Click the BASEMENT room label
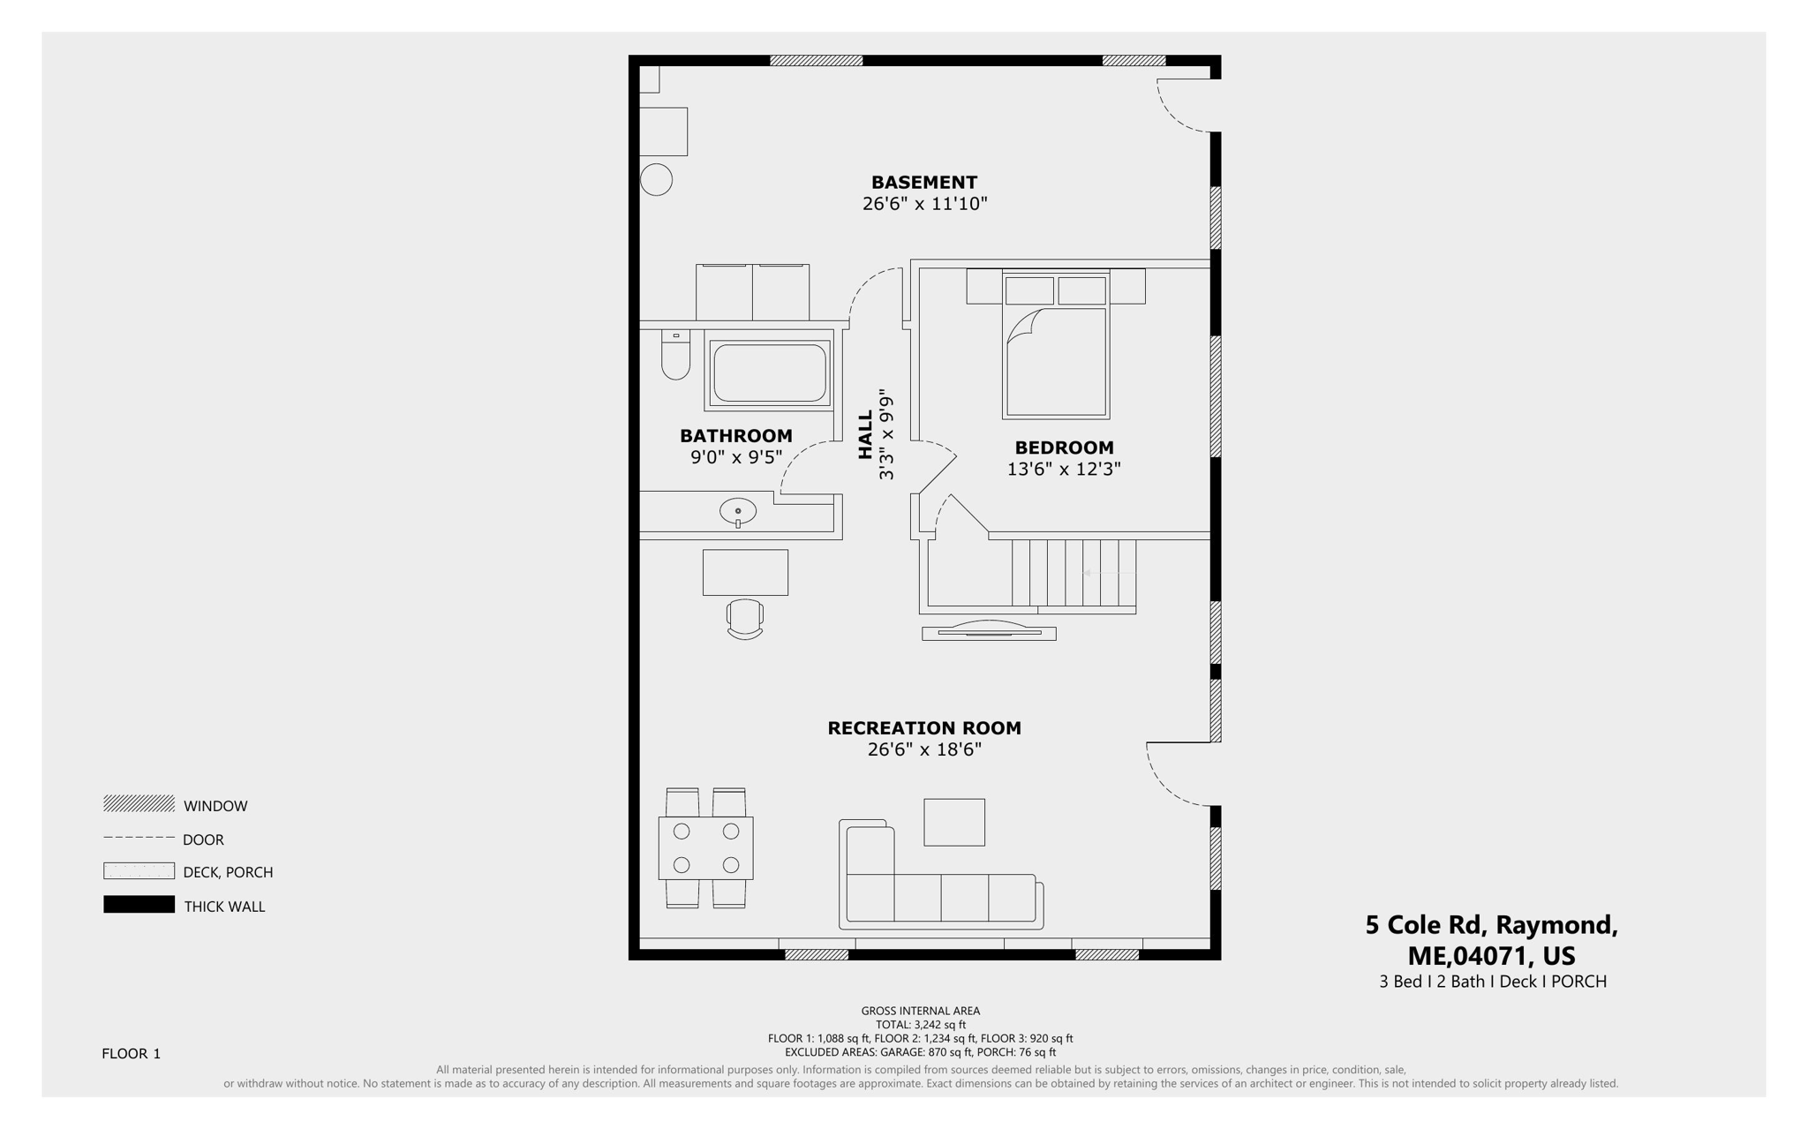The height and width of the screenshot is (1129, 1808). tap(923, 183)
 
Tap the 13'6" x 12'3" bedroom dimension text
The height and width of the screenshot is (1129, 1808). tap(1063, 470)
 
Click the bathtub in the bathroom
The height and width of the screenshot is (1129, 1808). tap(769, 373)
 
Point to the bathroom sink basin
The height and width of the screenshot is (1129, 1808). tap(737, 511)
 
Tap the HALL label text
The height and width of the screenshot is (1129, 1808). tap(865, 434)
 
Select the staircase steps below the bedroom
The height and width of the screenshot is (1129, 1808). tap(1073, 574)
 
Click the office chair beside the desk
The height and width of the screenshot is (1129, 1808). tap(744, 618)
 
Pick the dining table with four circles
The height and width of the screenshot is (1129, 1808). tap(705, 847)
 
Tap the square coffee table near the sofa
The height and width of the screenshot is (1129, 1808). tap(953, 822)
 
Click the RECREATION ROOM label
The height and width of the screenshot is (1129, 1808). tap(923, 728)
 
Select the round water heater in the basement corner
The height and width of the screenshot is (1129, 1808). tap(656, 180)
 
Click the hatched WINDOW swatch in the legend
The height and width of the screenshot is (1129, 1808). tap(139, 803)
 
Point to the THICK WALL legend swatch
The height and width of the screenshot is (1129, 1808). tap(139, 905)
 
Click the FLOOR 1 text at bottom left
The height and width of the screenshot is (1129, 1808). tap(131, 1053)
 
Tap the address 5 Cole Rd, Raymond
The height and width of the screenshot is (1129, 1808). tap(1490, 925)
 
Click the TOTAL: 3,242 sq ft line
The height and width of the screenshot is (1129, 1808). tap(920, 1025)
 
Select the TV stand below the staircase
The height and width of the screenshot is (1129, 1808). tap(989, 632)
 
